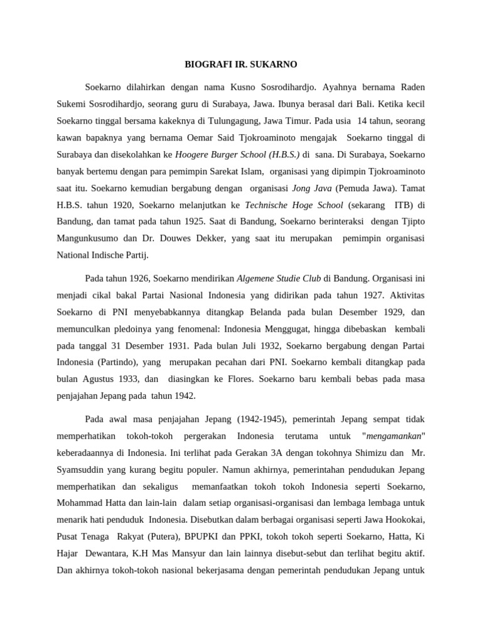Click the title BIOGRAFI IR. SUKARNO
[240, 64]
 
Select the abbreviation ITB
[404, 204]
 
